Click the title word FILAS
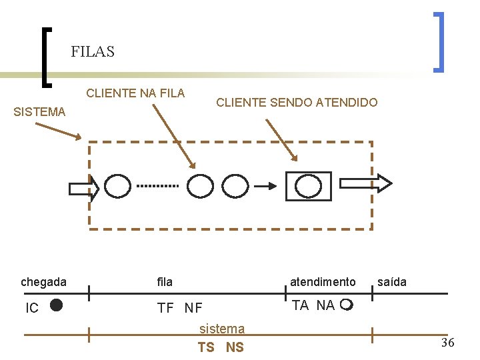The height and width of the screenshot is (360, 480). pyautogui.click(x=93, y=51)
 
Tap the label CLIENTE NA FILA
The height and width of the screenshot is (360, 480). pyautogui.click(x=135, y=93)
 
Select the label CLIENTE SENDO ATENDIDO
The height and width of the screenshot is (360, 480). pyautogui.click(x=297, y=103)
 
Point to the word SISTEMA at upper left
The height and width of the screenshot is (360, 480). pyautogui.click(x=39, y=112)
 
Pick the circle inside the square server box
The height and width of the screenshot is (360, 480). pyautogui.click(x=308, y=186)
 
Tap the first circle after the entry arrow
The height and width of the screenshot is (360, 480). pyautogui.click(x=118, y=187)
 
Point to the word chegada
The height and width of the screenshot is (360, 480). pyautogui.click(x=43, y=282)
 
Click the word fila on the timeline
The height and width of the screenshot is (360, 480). pyautogui.click(x=165, y=282)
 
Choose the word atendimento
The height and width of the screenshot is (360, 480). pyautogui.click(x=323, y=282)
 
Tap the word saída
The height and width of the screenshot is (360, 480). pyautogui.click(x=391, y=282)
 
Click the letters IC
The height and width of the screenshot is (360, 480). pyautogui.click(x=31, y=308)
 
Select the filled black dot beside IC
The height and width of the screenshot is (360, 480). pyautogui.click(x=56, y=305)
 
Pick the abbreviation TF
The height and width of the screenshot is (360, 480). pyautogui.click(x=165, y=308)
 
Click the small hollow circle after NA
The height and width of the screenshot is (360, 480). pyautogui.click(x=345, y=306)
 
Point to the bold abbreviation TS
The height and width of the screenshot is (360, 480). pyautogui.click(x=206, y=347)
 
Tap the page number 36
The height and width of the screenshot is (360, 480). pyautogui.click(x=447, y=343)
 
